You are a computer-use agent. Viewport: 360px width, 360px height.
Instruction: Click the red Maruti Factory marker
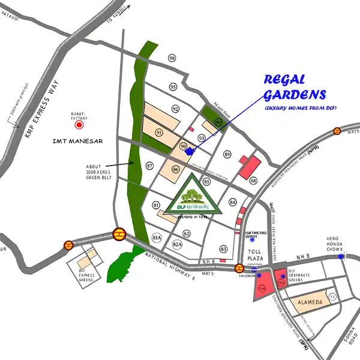click(x=78, y=126)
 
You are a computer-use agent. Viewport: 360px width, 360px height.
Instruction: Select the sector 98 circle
click(x=173, y=58)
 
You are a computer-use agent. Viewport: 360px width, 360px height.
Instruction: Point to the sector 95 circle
click(x=173, y=87)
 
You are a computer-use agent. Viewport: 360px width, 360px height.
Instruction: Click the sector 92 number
click(x=176, y=109)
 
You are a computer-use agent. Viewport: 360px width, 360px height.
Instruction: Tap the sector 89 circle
click(x=227, y=155)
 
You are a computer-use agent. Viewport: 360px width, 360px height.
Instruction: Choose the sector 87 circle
click(x=149, y=166)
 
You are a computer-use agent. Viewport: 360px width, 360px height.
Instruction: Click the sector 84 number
click(x=233, y=202)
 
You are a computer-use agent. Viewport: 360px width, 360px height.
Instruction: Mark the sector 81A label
click(x=158, y=237)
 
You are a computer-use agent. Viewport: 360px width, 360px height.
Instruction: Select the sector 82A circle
click(x=177, y=245)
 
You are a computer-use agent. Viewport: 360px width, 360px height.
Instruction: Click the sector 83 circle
click(x=224, y=248)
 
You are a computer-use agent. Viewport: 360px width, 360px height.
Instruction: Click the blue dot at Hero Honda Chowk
click(x=341, y=256)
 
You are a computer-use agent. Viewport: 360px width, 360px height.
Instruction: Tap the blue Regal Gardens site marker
click(x=191, y=151)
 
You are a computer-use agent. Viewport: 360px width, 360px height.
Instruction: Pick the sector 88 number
click(x=253, y=181)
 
